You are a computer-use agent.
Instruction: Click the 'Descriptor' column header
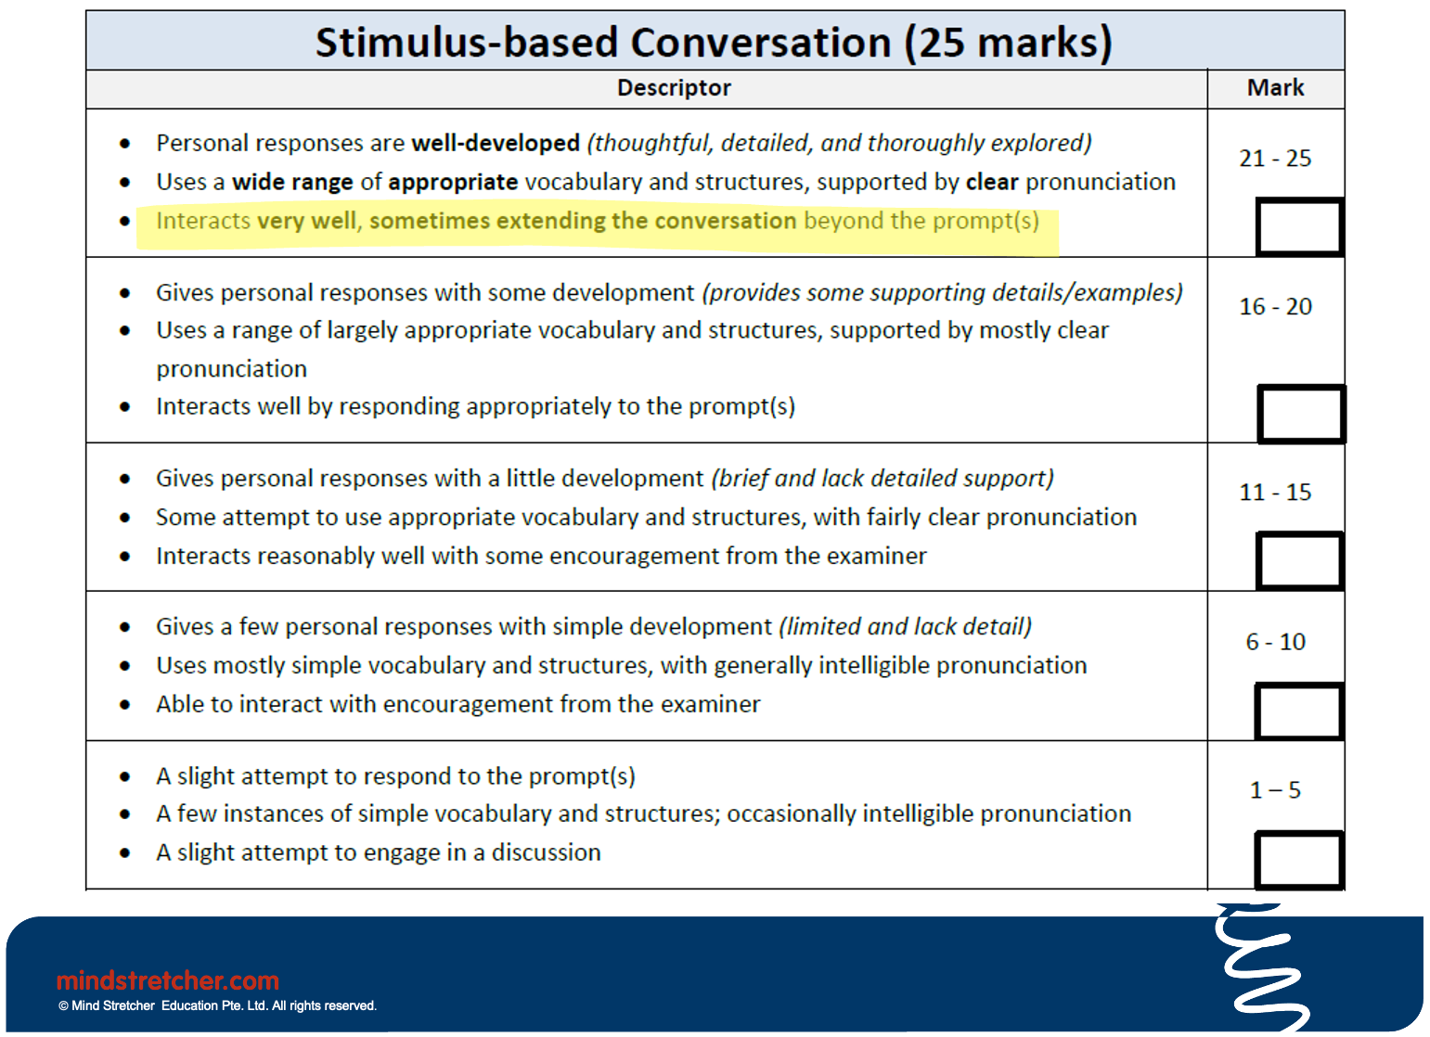[674, 88]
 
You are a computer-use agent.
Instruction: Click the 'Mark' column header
[1275, 88]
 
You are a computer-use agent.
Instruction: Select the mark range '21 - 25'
[1275, 159]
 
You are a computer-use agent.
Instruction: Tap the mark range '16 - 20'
[1275, 307]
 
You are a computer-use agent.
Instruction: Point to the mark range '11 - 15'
[1275, 493]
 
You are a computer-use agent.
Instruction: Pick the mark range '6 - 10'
[1275, 642]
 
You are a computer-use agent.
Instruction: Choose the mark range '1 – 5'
[1275, 790]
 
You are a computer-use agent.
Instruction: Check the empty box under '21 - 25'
[1299, 227]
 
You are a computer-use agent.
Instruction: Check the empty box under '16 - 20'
[1301, 415]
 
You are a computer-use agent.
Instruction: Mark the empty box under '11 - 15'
[1299, 561]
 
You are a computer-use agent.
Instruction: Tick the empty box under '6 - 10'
[1299, 711]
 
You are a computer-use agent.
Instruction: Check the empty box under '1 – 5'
[1299, 861]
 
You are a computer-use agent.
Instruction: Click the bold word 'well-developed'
[496, 144]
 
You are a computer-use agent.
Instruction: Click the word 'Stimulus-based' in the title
[467, 43]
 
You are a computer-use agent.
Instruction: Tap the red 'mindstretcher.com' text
[168, 980]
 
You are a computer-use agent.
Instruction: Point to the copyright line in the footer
[217, 1006]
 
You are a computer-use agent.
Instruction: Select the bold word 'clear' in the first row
[992, 182]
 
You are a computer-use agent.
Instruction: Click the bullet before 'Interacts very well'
[125, 222]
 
